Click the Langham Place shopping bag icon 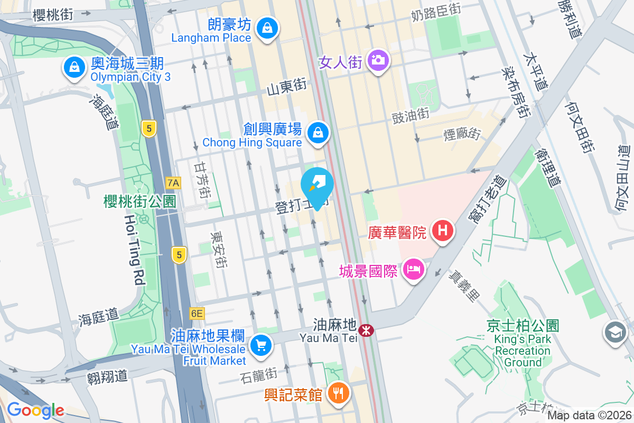point(267,27)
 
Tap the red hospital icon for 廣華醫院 point(443,231)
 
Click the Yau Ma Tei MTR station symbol point(366,330)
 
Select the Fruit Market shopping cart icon point(260,346)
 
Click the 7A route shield point(173,183)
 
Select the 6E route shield point(197,314)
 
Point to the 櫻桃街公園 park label point(140,201)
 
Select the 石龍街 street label point(258,375)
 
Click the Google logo point(35,410)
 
